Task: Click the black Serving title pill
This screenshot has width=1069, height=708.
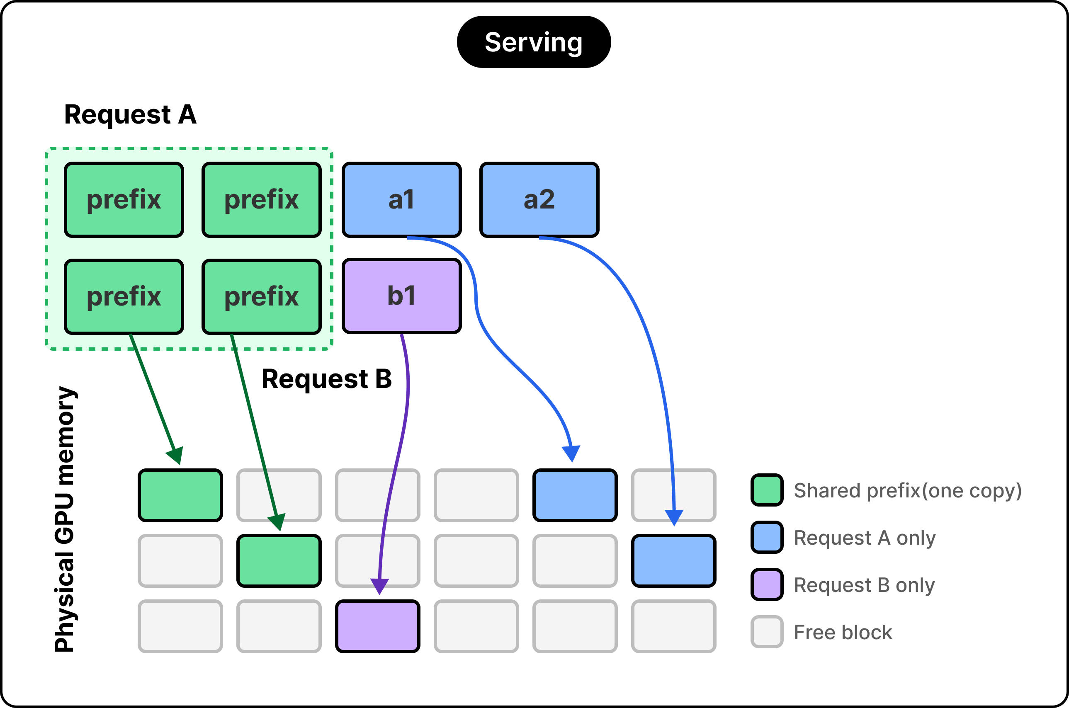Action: tap(534, 42)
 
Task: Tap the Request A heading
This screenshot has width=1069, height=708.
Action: tap(131, 114)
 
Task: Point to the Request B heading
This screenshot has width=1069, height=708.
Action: tap(326, 379)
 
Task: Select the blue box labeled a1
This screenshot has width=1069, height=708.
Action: tap(402, 199)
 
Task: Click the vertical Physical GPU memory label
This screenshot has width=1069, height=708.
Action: tap(66, 519)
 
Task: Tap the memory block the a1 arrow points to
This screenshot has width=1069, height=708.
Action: tap(575, 495)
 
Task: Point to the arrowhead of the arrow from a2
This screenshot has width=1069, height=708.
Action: tap(674, 518)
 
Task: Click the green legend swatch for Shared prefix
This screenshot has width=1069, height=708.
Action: tap(767, 490)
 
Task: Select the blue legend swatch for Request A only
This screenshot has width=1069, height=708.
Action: tap(767, 537)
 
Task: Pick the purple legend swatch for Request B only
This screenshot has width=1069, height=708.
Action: tap(767, 585)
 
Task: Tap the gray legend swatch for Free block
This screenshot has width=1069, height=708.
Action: tap(767, 632)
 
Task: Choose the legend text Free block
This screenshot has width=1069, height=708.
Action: tap(843, 633)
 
